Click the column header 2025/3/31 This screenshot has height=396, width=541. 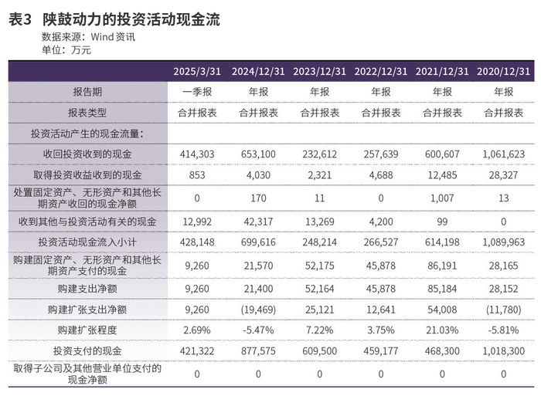click(197, 71)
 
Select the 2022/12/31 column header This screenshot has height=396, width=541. click(381, 71)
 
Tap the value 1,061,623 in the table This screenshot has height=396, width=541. click(503, 154)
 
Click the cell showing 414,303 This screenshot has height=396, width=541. click(197, 154)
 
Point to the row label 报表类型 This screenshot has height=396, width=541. click(87, 113)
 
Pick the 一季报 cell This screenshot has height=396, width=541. click(197, 92)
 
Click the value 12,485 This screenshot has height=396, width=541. click(442, 175)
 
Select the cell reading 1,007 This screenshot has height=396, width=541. click(442, 198)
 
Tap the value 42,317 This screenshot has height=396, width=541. click(258, 222)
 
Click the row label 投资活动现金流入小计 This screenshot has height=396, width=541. click(87, 242)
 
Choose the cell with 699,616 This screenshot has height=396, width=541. click(258, 242)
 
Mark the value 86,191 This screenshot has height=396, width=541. click(442, 266)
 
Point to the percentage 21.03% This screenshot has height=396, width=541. click(442, 330)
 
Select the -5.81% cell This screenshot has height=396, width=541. click(503, 330)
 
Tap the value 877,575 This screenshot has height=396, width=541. click(258, 351)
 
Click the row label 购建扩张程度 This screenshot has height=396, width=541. click(87, 330)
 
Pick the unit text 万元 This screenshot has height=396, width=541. click(81, 50)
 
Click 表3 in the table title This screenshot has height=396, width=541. click(20, 19)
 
